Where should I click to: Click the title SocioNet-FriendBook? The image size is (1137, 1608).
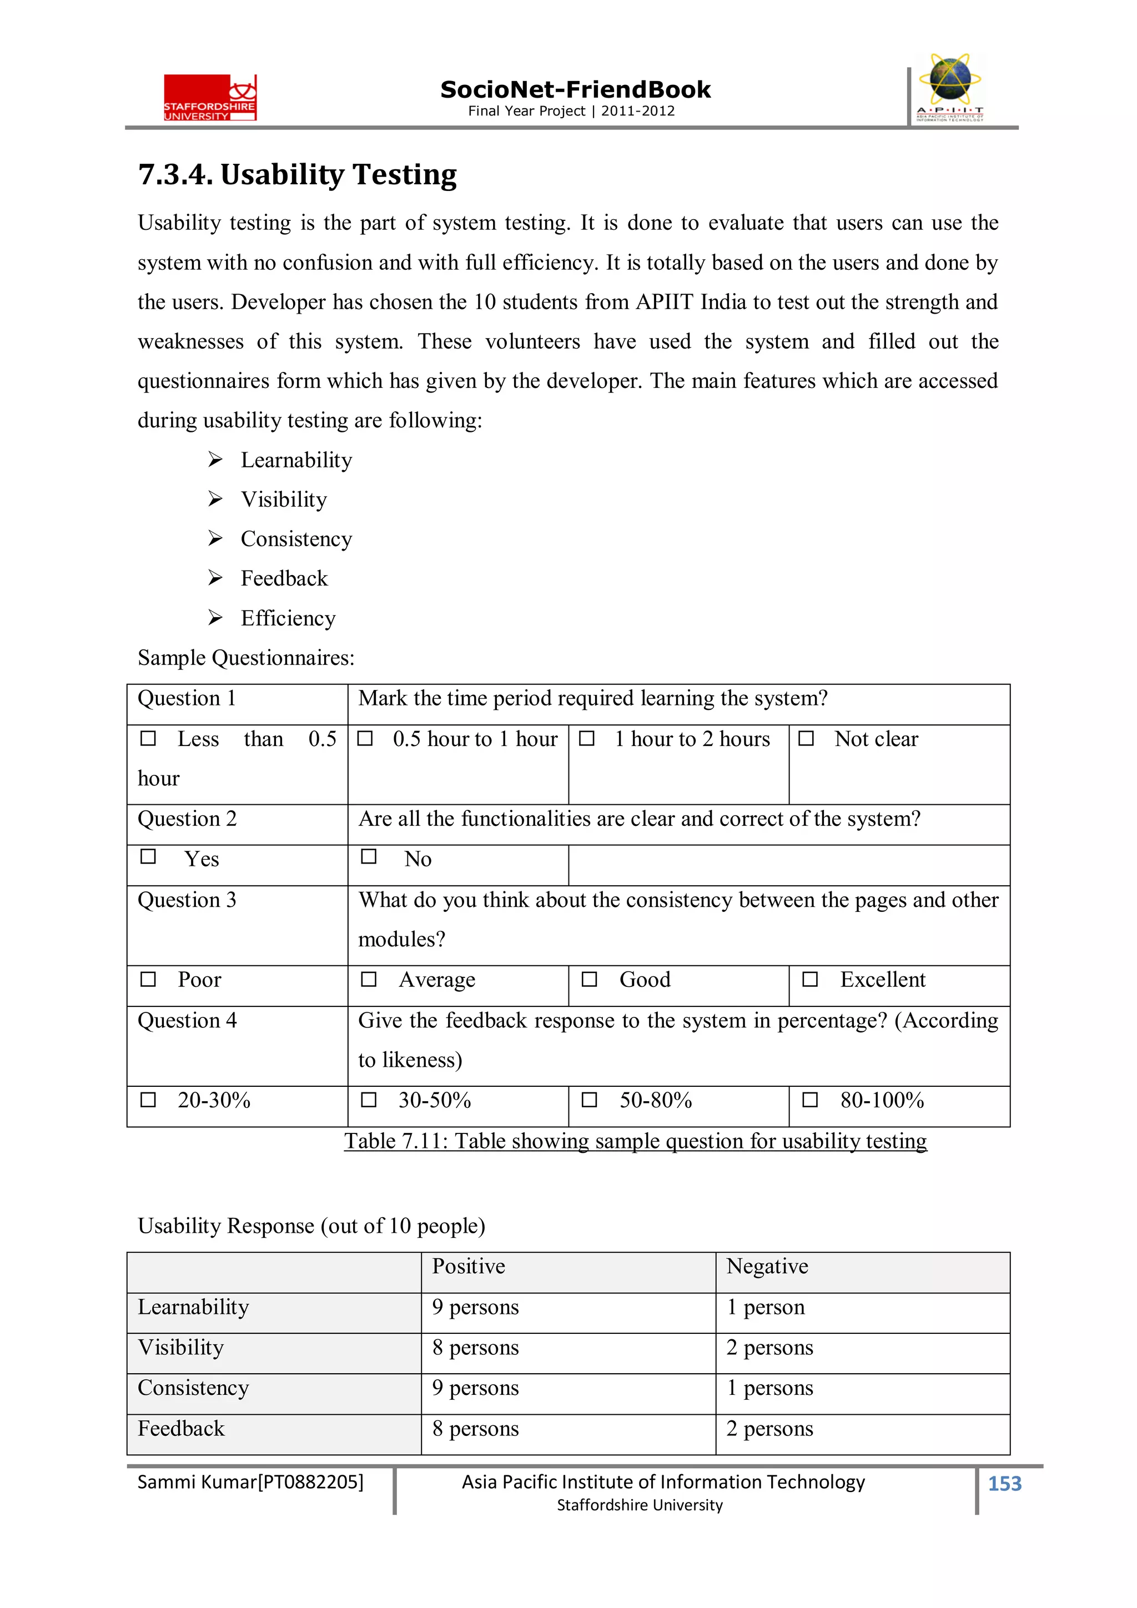575,90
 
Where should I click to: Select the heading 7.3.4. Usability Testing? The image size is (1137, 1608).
297,174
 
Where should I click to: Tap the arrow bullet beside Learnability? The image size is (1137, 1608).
215,460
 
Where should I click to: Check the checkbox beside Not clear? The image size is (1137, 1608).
806,738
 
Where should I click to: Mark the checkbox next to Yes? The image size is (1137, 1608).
148,856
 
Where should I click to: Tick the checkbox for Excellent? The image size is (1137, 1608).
810,979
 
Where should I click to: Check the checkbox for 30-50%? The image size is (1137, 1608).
369,1100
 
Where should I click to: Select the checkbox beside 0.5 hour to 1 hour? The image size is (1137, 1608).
365,738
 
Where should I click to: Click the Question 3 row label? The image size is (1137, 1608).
187,899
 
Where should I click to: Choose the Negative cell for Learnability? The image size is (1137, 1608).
765,1306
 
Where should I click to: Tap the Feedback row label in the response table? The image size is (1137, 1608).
181,1428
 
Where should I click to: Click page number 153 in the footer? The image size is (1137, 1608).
1004,1483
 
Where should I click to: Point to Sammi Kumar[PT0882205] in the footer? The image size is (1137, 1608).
250,1481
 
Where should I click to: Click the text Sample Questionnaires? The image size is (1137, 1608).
246,658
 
